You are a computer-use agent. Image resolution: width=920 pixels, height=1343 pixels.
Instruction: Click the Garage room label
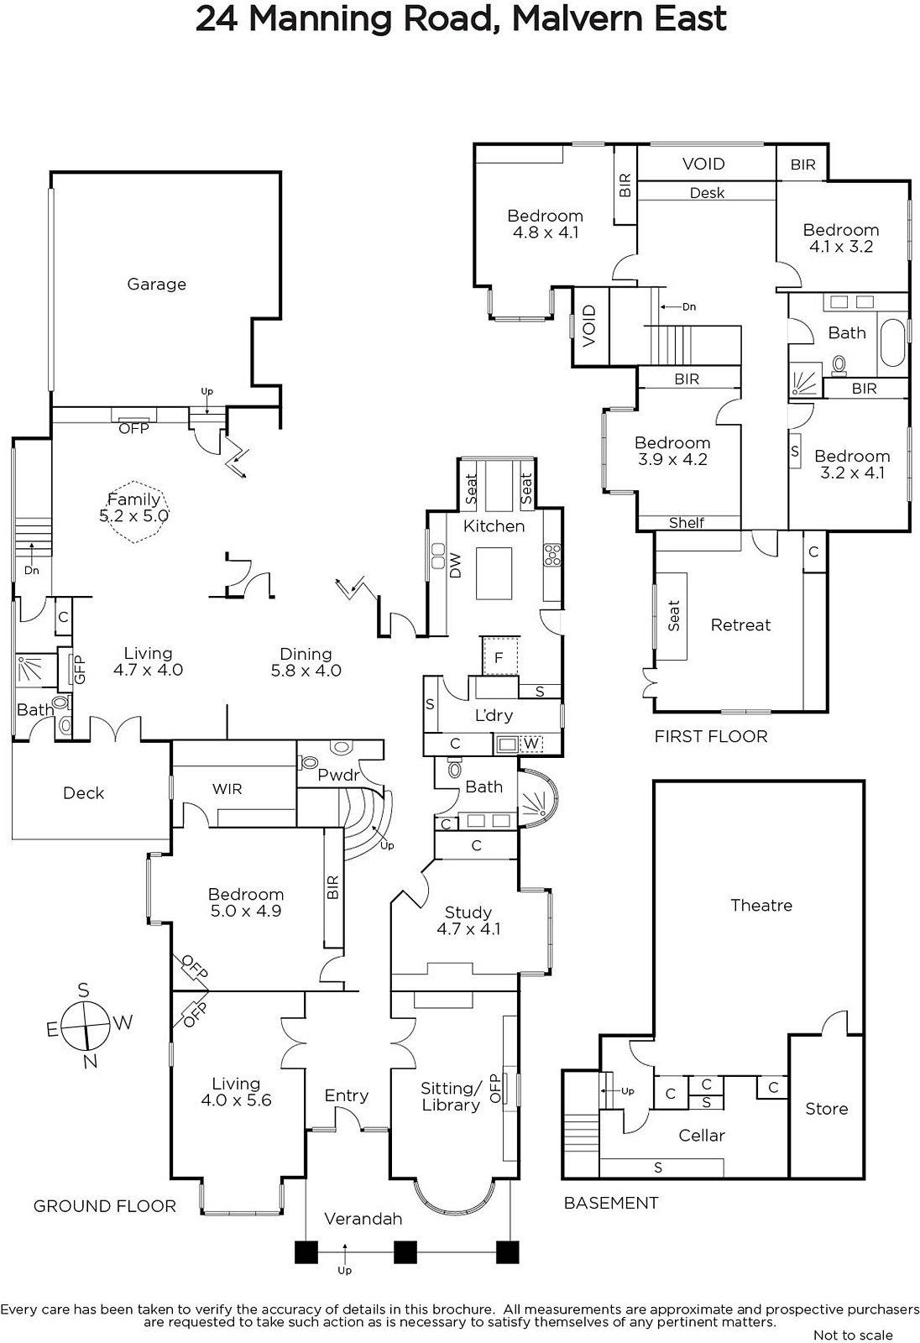(156, 285)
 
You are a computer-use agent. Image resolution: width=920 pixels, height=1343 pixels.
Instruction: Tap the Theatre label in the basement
(761, 905)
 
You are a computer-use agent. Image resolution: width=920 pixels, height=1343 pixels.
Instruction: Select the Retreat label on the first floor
(740, 624)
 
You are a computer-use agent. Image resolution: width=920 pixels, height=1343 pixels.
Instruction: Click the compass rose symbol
(87, 1025)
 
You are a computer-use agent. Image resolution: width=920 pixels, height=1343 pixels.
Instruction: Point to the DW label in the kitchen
(455, 566)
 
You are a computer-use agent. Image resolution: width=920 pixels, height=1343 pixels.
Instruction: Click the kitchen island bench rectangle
(494, 573)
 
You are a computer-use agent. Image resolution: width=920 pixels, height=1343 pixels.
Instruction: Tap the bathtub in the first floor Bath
(892, 342)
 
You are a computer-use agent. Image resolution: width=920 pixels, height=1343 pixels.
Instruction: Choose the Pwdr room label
(338, 775)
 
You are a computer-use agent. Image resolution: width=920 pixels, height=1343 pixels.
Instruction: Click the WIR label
(227, 789)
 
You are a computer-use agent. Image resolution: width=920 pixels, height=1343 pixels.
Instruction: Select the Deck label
(83, 793)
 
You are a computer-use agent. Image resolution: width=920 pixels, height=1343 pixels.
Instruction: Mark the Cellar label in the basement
(702, 1135)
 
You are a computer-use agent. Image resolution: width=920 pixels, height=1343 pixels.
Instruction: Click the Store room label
(827, 1109)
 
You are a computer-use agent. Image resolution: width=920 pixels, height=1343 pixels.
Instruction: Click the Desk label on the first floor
(707, 193)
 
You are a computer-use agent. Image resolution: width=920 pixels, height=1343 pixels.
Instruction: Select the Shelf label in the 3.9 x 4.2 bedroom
(686, 523)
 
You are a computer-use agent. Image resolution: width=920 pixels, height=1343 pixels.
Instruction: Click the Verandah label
(363, 1218)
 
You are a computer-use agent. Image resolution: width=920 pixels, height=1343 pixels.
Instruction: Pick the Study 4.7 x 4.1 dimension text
(468, 928)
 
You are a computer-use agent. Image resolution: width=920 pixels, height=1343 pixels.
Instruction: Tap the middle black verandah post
(405, 1252)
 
